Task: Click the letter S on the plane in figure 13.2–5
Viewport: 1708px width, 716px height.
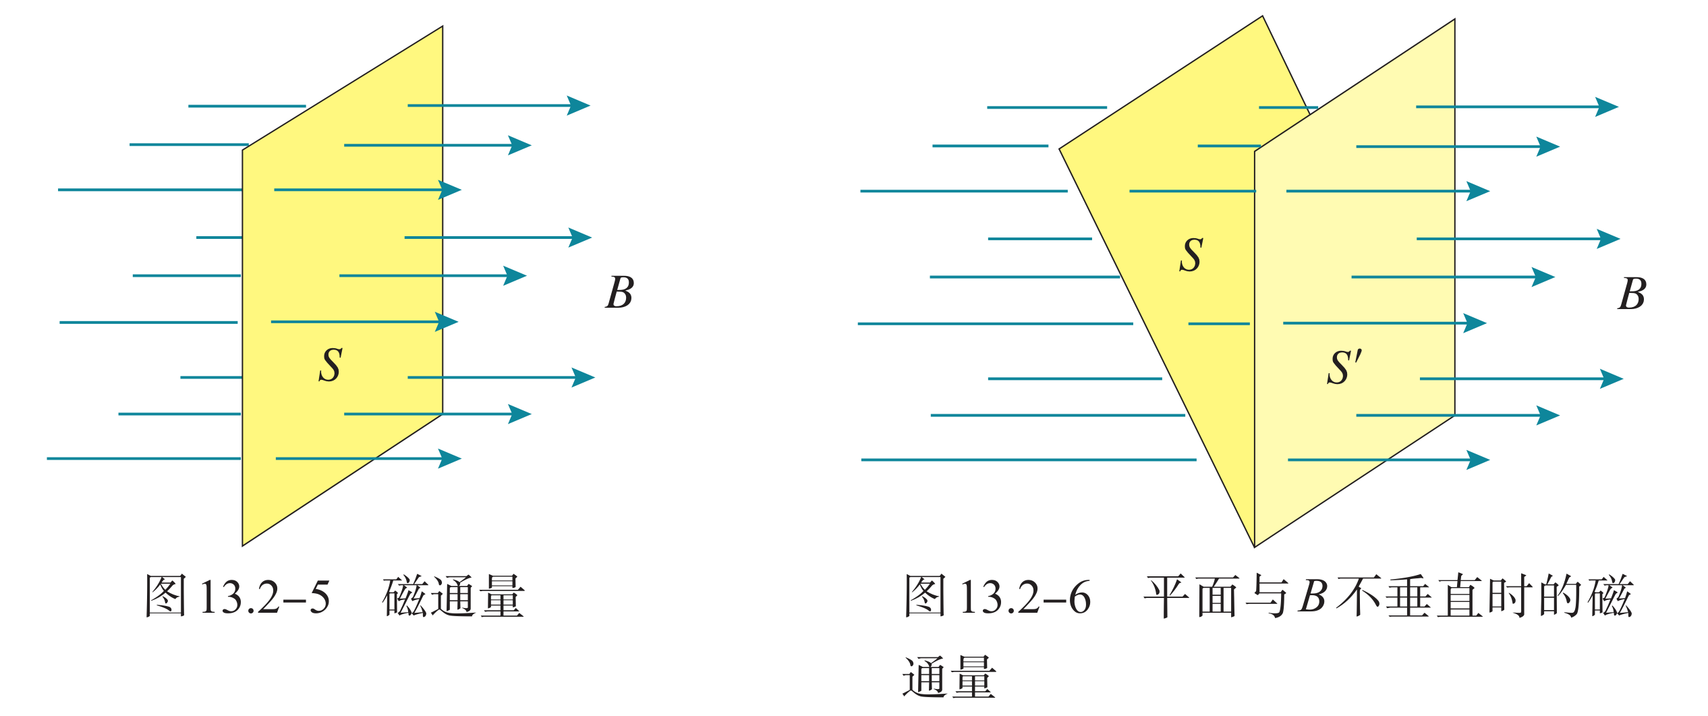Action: pos(331,365)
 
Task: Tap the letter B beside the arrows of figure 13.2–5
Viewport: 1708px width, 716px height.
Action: pos(619,292)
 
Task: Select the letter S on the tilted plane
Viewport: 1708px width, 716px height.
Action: pos(1191,254)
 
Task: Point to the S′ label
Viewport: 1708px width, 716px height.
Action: pos(1344,367)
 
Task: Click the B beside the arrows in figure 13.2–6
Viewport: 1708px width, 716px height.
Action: pos(1632,294)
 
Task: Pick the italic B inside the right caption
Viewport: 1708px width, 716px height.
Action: pos(1313,597)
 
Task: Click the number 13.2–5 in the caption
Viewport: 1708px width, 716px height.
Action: pos(265,597)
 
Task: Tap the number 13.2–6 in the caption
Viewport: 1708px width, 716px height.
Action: pos(1025,597)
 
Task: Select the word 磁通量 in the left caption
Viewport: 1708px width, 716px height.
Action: pos(453,597)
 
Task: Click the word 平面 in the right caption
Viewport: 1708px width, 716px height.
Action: pos(1191,597)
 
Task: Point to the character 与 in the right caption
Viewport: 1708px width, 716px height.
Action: pos(1267,597)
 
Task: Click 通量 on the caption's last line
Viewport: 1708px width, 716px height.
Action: pos(949,677)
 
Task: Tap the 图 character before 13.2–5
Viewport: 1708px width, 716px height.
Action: pos(166,597)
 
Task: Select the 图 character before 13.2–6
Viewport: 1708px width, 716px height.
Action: pos(926,597)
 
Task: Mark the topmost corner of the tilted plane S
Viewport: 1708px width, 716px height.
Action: pos(1262,16)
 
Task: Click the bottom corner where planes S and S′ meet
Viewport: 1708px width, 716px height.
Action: pos(1254,547)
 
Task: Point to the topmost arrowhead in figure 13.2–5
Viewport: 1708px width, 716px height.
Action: pos(579,105)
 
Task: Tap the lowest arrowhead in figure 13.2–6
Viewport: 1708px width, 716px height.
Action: pos(1478,460)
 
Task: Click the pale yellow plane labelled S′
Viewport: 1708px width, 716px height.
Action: pos(1355,283)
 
